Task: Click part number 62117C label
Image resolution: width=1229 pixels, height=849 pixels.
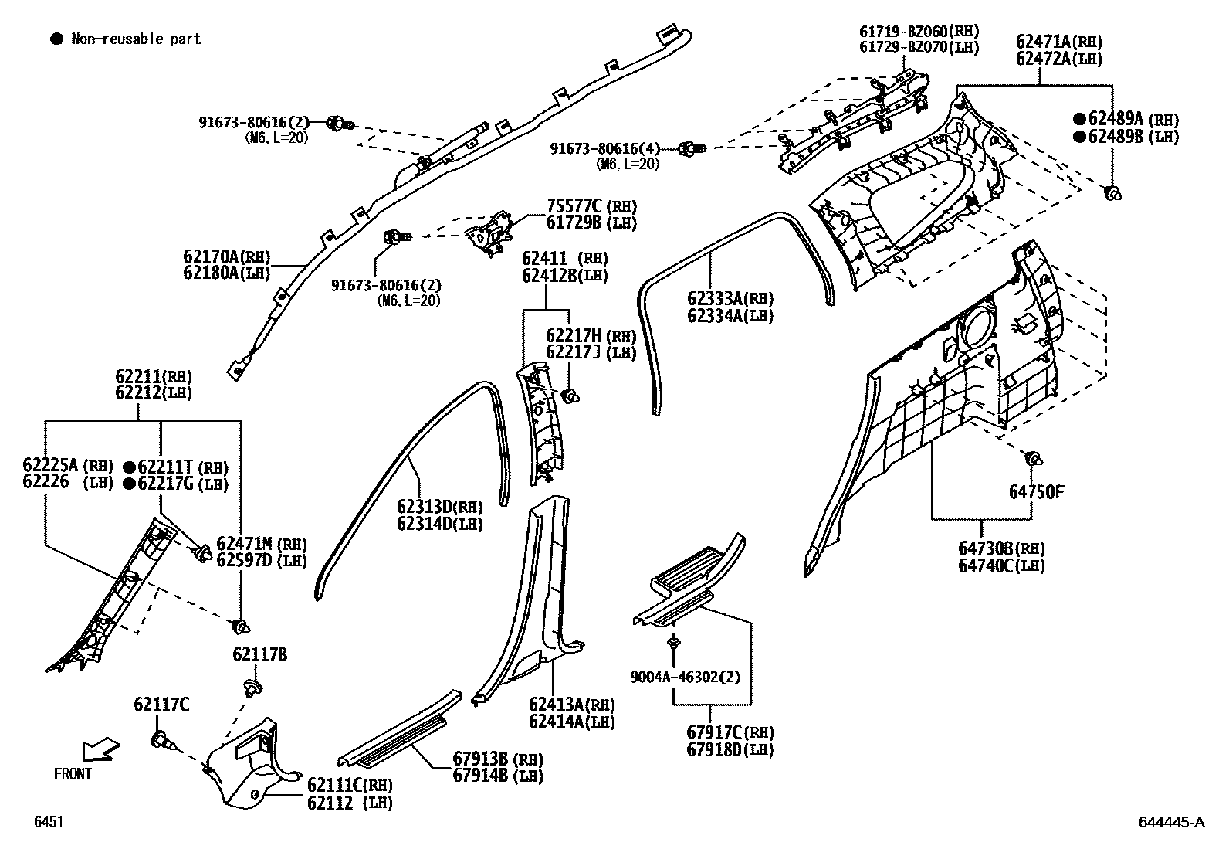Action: tap(161, 704)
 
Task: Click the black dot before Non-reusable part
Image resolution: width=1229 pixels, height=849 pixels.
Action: tap(56, 39)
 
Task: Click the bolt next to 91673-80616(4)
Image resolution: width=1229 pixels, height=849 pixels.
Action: tap(692, 148)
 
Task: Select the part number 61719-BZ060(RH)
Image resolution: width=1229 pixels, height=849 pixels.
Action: tap(919, 31)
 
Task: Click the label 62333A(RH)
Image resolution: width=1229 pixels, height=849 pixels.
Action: tap(730, 299)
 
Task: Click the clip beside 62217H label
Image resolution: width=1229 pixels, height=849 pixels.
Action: tap(570, 397)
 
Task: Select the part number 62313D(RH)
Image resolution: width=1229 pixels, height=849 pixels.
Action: tap(439, 507)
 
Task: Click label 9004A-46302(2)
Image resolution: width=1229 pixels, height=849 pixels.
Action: tap(685, 677)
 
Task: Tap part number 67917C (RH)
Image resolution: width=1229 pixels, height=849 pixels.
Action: tap(730, 732)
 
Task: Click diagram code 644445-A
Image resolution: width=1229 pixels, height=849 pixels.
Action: tap(1170, 823)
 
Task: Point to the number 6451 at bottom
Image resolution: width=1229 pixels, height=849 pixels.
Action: tap(48, 822)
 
